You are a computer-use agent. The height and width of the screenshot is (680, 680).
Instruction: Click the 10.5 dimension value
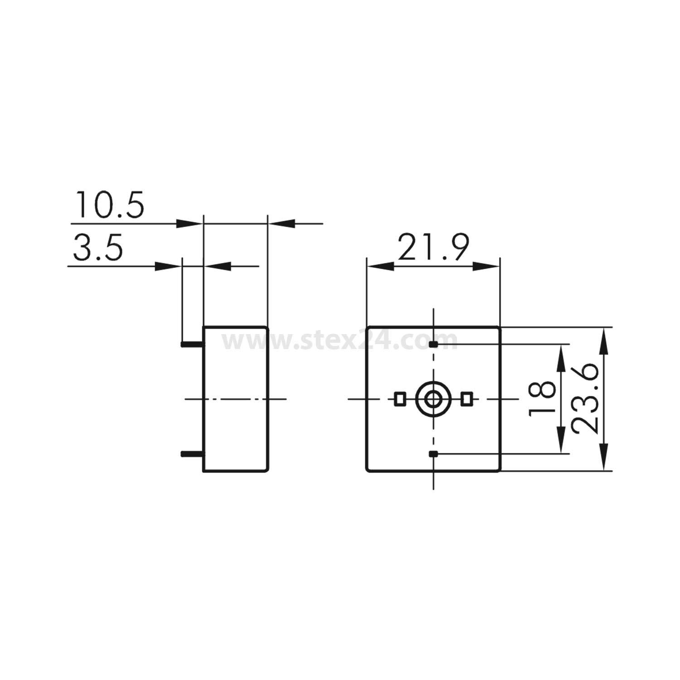[x=110, y=205]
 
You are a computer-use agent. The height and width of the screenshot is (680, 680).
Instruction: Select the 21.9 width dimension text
[x=432, y=248]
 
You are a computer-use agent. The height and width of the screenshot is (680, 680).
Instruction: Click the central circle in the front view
[x=433, y=399]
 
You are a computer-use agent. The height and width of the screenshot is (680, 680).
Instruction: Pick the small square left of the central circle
[x=400, y=399]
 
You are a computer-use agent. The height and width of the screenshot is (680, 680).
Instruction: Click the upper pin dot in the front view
[x=433, y=345]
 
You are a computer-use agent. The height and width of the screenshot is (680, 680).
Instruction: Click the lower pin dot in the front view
[x=433, y=453]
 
